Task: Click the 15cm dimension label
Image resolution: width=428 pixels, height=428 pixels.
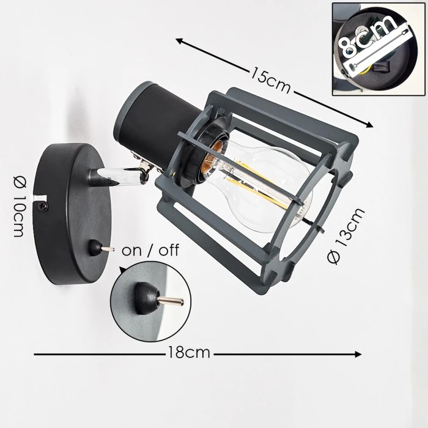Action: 270,80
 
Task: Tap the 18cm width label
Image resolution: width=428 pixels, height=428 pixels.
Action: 189,352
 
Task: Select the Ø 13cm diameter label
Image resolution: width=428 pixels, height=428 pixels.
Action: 346,235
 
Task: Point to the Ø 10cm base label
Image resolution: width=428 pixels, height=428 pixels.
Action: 20,207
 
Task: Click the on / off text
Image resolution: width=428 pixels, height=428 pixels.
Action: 150,250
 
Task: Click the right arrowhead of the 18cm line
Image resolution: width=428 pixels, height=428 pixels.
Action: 358,354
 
